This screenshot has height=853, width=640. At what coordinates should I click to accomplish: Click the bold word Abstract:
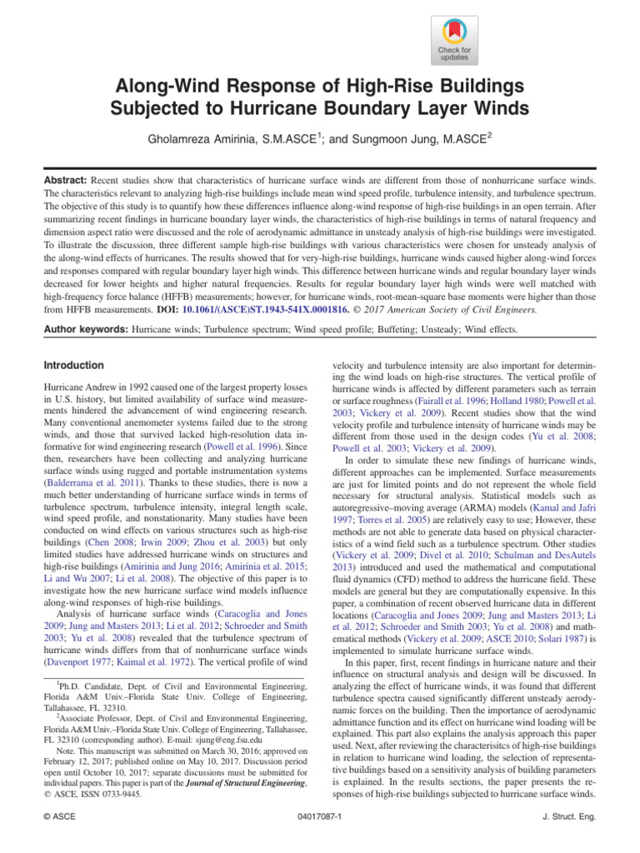click(67, 180)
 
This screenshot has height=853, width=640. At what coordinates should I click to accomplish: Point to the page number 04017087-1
click(321, 817)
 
